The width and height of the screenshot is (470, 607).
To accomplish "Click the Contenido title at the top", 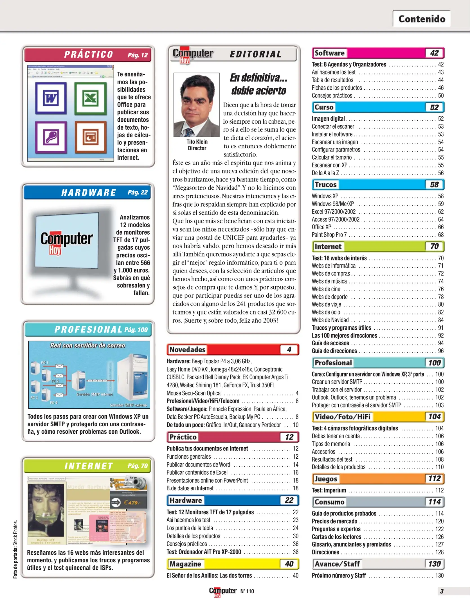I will [422, 19].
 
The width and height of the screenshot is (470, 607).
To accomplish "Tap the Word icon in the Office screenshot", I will [51, 98].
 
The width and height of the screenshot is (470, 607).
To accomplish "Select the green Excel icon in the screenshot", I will [91, 98].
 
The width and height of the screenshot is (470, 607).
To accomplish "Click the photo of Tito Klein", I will [196, 105].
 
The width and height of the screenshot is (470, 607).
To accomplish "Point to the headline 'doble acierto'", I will [258, 91].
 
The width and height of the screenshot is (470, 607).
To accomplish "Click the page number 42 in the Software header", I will [434, 53].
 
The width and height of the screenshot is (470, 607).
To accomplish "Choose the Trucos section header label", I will [325, 185].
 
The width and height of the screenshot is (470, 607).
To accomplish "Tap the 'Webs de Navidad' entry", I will [330, 320].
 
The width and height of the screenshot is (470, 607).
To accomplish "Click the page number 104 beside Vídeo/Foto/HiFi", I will [434, 416].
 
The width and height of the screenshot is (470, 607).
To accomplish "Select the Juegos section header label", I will [326, 479].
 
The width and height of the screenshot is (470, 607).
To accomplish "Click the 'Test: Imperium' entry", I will [329, 490].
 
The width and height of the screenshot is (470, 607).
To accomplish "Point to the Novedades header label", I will [187, 350].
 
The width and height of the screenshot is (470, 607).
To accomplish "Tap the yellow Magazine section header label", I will [185, 564].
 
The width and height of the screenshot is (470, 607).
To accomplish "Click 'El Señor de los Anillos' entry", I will [209, 576].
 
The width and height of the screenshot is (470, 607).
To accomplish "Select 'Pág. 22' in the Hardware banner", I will [138, 192].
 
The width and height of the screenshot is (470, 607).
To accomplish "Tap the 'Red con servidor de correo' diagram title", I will [87, 345].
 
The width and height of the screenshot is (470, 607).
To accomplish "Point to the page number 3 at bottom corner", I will [442, 591].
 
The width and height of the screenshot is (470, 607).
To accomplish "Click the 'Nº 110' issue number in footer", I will [247, 591].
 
